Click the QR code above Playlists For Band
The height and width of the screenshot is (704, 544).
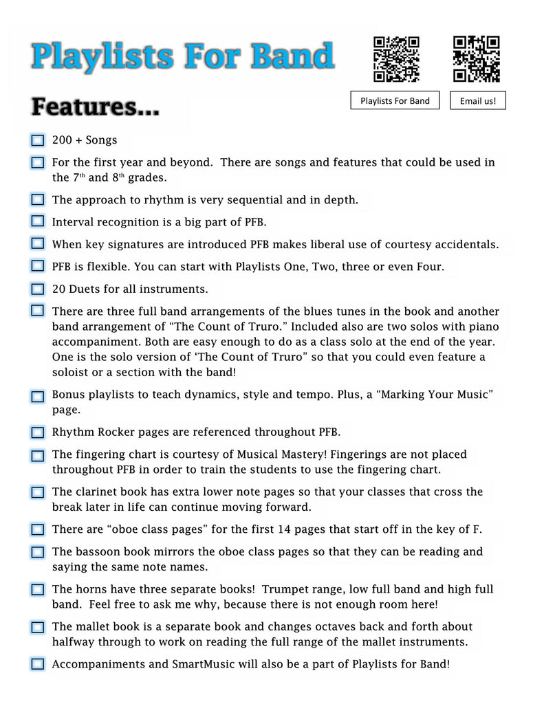(x=396, y=59)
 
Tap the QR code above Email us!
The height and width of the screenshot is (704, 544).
(x=477, y=59)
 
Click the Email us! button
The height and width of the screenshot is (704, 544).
(x=478, y=101)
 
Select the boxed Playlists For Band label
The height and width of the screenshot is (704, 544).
(x=395, y=100)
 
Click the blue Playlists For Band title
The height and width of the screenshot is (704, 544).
(x=182, y=56)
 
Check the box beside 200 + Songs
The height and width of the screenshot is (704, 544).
(x=38, y=140)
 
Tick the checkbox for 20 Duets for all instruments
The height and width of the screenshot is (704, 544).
(x=38, y=289)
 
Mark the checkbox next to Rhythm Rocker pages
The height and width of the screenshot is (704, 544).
(x=38, y=432)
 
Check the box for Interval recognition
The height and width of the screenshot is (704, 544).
(x=38, y=221)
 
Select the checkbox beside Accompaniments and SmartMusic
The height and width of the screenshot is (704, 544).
(x=38, y=664)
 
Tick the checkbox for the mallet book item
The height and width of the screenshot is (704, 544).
(x=38, y=627)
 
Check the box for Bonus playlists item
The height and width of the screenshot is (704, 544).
(x=38, y=396)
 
